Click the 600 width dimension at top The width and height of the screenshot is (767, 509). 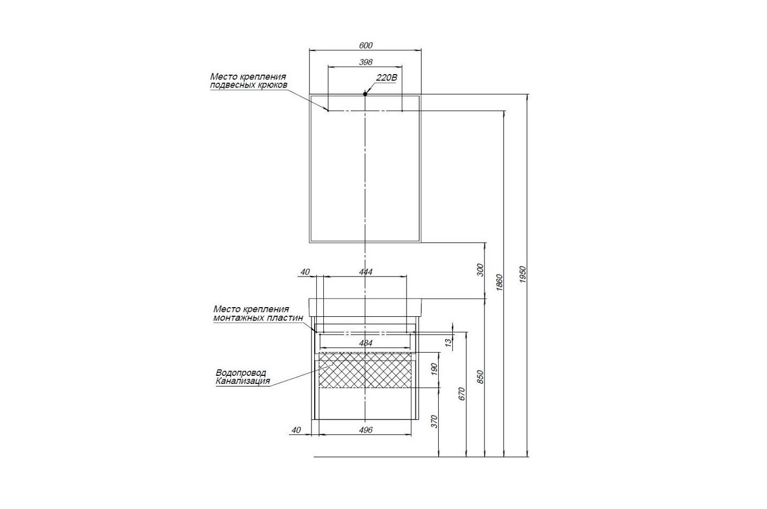366,45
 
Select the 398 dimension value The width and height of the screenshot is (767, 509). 366,62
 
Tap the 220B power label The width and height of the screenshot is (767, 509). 387,78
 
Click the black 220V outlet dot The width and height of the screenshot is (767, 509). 365,94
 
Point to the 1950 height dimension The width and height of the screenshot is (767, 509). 523,274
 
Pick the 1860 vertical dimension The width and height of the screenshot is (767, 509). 500,282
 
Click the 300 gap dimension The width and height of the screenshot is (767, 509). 480,270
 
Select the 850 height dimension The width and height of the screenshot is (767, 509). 480,377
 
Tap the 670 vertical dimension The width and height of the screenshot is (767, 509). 462,394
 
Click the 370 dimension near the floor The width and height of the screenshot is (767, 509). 435,421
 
